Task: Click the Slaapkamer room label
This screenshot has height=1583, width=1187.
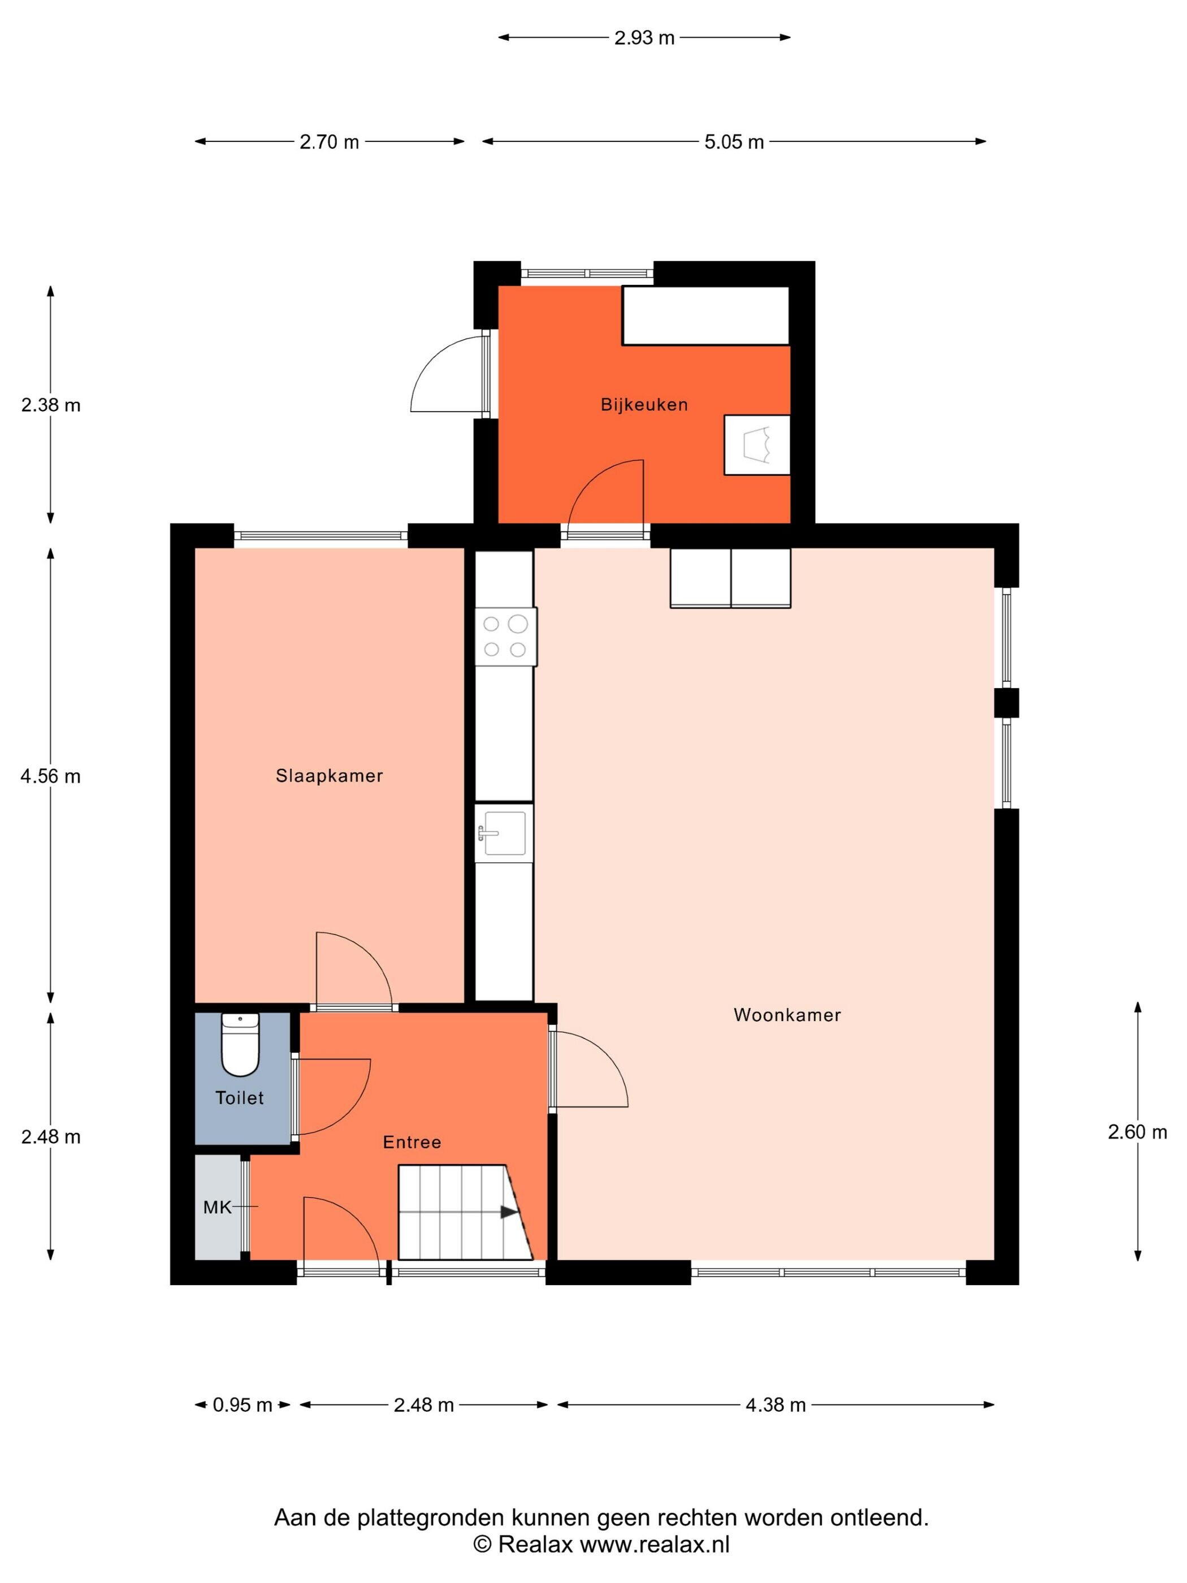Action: [329, 776]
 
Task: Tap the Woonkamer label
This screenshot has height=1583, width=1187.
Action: [786, 1015]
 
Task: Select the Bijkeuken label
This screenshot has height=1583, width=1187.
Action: [644, 405]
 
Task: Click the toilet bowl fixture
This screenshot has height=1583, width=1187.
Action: [240, 1045]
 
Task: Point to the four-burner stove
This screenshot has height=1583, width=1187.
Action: [505, 637]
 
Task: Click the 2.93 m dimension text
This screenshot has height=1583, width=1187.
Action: [644, 38]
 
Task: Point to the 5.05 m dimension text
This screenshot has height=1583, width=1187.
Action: [734, 142]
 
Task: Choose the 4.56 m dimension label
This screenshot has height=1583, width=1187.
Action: [50, 776]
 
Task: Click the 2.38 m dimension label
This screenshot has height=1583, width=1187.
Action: [50, 405]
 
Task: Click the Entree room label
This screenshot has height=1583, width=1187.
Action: [411, 1142]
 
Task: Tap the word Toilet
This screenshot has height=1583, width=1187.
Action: [240, 1098]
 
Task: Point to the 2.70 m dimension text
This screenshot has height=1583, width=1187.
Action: [329, 142]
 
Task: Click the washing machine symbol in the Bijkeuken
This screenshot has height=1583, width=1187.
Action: [757, 444]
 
